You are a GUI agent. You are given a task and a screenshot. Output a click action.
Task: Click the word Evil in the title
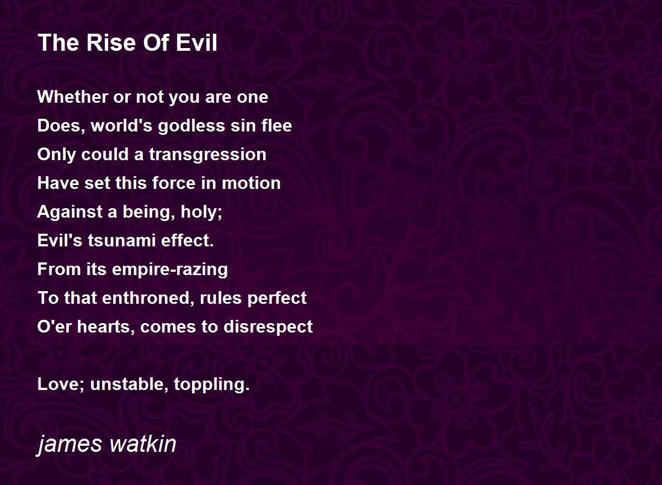coord(196,43)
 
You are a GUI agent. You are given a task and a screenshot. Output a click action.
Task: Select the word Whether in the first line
coord(73,97)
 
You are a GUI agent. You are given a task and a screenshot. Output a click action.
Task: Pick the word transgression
coord(207,155)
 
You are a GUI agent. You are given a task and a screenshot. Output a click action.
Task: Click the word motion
coord(251,183)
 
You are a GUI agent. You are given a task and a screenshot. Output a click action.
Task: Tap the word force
coord(174,183)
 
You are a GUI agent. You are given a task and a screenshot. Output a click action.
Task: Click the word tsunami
coord(122,240)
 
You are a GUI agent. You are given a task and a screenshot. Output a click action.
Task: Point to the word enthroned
coord(147,298)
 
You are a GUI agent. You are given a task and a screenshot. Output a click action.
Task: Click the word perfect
coord(277,298)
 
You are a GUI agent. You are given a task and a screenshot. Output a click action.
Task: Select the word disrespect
coord(268,327)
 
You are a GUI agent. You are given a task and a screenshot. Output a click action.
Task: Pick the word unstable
coord(129,384)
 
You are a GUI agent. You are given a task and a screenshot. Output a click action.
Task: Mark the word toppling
coord(210,384)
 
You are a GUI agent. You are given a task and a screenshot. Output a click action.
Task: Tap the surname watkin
coord(143,443)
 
